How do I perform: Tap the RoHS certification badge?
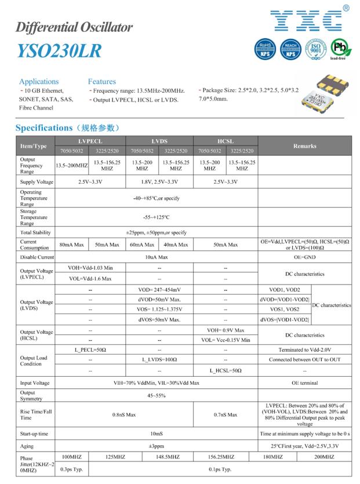coord(265,49)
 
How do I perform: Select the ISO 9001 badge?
coord(315,49)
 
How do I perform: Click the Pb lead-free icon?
coord(339,49)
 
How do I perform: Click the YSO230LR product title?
coord(58,50)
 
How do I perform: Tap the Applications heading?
coord(39,82)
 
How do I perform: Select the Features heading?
coord(102,82)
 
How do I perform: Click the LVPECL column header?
coord(90,141)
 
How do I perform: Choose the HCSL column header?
coord(226,141)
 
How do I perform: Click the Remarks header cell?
coord(304,146)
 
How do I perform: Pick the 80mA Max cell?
coord(72,245)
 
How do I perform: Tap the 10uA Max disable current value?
coord(155,257)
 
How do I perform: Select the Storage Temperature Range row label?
coord(31,217)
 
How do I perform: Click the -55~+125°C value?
coord(155,217)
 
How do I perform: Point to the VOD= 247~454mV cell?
coord(159,289)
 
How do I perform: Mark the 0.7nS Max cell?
coord(226,414)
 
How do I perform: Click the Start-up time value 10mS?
coord(155,434)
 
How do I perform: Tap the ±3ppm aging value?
coord(155,446)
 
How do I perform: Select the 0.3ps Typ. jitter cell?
coord(72,469)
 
